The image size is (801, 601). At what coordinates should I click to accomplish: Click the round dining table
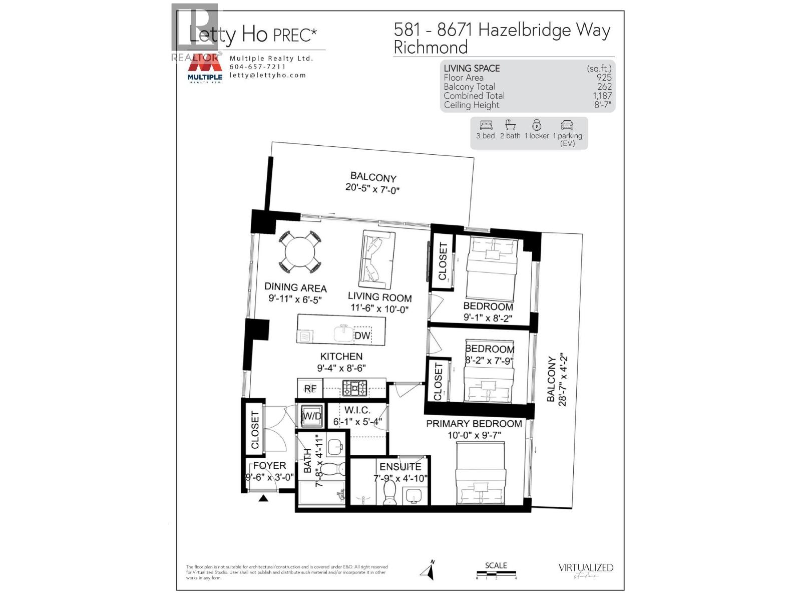pyautogui.click(x=299, y=251)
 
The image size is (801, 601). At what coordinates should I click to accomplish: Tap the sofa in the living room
pyautogui.click(x=376, y=259)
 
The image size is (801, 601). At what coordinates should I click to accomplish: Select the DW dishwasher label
pyautogui.click(x=362, y=336)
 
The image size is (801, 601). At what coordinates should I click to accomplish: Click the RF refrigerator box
pyautogui.click(x=310, y=388)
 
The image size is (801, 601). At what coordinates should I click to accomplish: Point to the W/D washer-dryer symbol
pyautogui.click(x=311, y=416)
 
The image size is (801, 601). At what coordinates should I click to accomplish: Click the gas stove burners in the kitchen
pyautogui.click(x=354, y=388)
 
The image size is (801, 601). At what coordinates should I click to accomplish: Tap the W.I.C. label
pyautogui.click(x=357, y=410)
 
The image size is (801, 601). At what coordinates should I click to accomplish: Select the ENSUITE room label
pyautogui.click(x=400, y=466)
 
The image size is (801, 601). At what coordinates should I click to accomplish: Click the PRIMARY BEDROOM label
pyautogui.click(x=474, y=424)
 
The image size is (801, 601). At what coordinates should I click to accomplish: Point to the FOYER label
pyautogui.click(x=269, y=466)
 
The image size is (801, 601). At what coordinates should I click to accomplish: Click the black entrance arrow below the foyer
pyautogui.click(x=263, y=498)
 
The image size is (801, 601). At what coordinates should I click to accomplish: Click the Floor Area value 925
pyautogui.click(x=604, y=78)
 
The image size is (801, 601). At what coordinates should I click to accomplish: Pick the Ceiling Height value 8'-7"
pyautogui.click(x=602, y=105)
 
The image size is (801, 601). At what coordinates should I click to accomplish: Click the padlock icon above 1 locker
pyautogui.click(x=536, y=125)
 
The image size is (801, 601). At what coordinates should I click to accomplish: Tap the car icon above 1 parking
pyautogui.click(x=567, y=125)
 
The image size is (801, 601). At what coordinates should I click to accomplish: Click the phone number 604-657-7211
pyautogui.click(x=257, y=67)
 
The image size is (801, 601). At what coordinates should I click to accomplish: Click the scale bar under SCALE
pyautogui.click(x=496, y=574)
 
